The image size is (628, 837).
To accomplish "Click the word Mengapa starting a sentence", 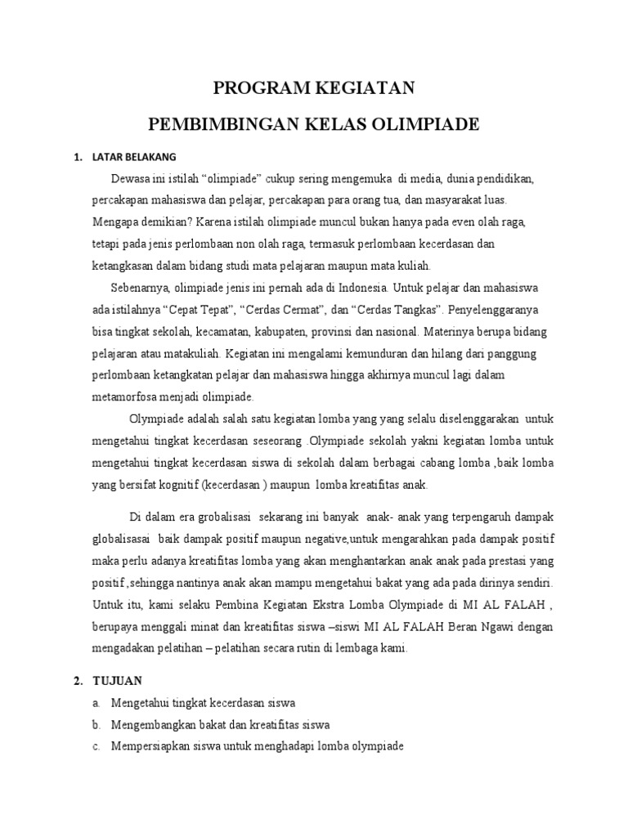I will tap(115, 222).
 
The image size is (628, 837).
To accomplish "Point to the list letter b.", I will tap(96, 725).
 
